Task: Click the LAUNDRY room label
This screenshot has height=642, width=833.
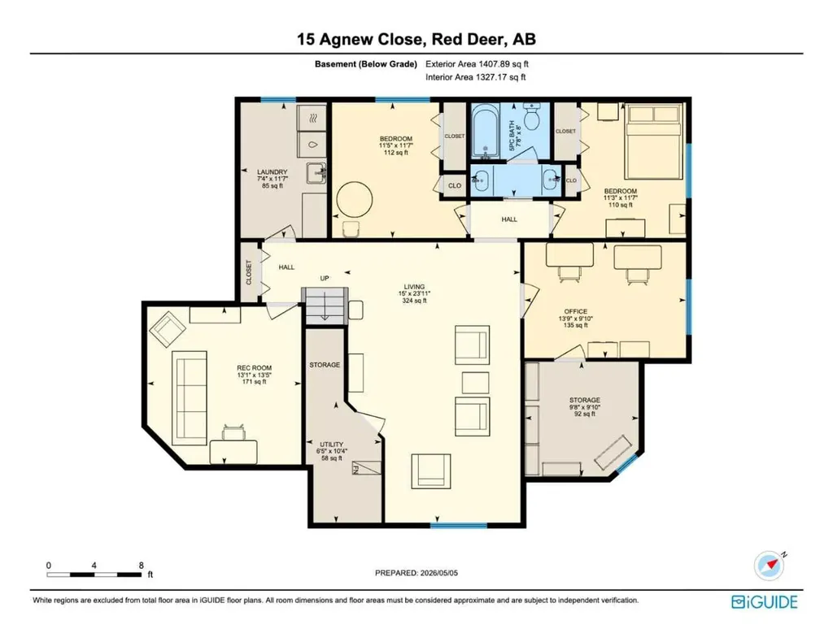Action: pyautogui.click(x=272, y=172)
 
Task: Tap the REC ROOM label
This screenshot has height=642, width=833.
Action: pyautogui.click(x=254, y=367)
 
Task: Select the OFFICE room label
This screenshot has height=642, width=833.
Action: pyautogui.click(x=576, y=311)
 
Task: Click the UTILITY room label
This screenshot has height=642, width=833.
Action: pyautogui.click(x=332, y=445)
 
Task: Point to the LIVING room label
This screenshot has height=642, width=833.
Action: pyautogui.click(x=414, y=287)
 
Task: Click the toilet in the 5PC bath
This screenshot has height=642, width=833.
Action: pyautogui.click(x=532, y=115)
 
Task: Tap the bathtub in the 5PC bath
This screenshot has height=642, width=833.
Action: pyautogui.click(x=485, y=132)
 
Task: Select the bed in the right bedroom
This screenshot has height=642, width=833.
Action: pyautogui.click(x=653, y=141)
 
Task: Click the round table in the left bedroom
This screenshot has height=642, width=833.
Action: pyautogui.click(x=355, y=199)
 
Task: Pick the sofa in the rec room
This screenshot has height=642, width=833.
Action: pyautogui.click(x=189, y=397)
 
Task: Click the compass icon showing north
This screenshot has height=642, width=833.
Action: pyautogui.click(x=770, y=566)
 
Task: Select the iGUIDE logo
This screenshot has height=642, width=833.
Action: pyautogui.click(x=765, y=601)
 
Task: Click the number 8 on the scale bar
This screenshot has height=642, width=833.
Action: pyautogui.click(x=142, y=565)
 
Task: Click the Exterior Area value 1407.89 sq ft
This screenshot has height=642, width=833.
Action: pyautogui.click(x=504, y=64)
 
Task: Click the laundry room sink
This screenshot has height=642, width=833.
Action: pyautogui.click(x=316, y=172)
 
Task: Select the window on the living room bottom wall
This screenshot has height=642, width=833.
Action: pyautogui.click(x=459, y=526)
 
